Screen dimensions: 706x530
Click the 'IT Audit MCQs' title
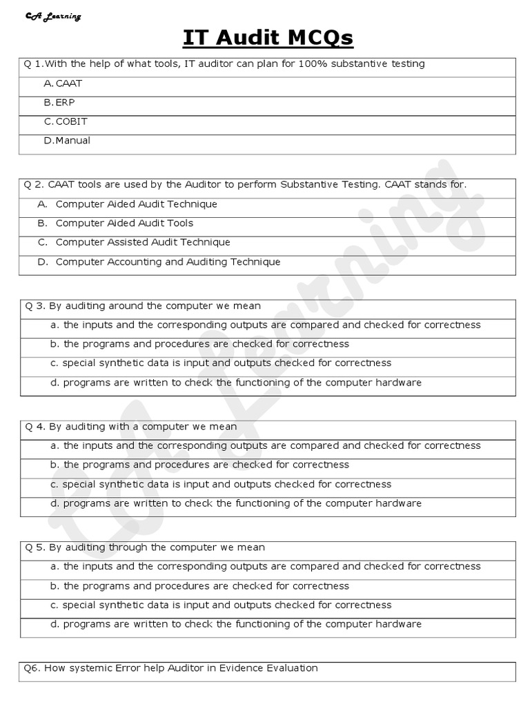pos(268,38)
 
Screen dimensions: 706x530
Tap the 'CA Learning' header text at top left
pos(52,16)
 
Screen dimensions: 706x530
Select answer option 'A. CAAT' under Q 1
pos(63,83)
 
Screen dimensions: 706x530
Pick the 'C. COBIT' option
pos(66,121)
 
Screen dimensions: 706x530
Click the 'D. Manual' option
pos(67,141)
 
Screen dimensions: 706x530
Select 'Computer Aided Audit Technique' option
pos(136,204)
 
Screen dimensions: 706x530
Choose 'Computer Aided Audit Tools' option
pos(124,223)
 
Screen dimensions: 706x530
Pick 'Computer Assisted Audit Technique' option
pos(143,243)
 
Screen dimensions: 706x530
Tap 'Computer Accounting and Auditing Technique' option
pos(168,262)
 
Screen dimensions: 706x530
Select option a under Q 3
pos(265,325)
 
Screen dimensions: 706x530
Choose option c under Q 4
pos(221,485)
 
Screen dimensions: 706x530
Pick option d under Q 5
pos(235,625)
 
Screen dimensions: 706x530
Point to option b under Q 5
pos(199,586)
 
